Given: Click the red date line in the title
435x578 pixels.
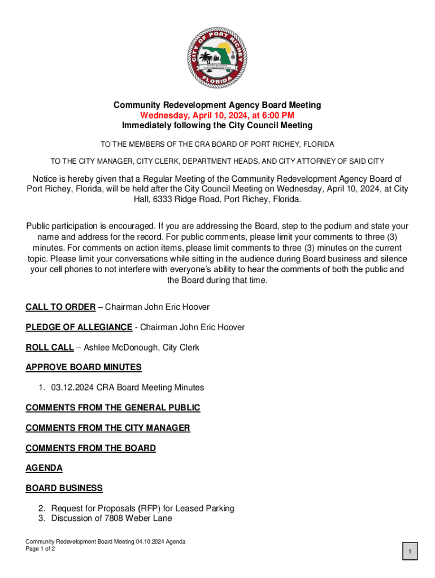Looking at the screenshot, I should coord(217,115).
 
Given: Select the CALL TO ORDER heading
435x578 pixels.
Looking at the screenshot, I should coord(60,307).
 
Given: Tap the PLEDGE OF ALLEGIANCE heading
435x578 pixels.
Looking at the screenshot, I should coord(79,327).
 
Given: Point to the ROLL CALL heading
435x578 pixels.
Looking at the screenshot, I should coord(50,348).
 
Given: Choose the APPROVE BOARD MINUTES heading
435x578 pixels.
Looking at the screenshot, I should coord(84,367).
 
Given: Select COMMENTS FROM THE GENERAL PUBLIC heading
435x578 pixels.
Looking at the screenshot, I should coord(113,408).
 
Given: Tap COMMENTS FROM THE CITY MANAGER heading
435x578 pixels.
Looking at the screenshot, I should coord(108,428).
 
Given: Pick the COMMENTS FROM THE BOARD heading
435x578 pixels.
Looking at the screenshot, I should coord(90,448).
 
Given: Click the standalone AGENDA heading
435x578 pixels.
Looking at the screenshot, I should coord(44,468).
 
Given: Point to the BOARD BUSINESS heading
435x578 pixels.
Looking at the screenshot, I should coord(64,488).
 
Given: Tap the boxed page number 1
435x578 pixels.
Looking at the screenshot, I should coord(410,551).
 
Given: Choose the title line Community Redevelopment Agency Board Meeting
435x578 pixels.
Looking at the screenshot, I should coord(217,105).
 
